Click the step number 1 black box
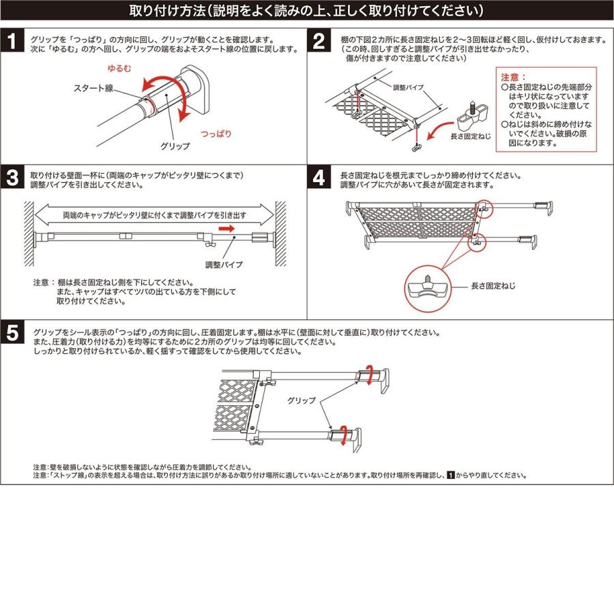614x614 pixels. (x=12, y=42)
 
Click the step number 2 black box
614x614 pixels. (x=319, y=42)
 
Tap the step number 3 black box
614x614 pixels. (x=12, y=179)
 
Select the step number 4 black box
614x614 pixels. (x=319, y=179)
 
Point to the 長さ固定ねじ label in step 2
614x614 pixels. (x=470, y=136)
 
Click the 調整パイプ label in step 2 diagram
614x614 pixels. (x=409, y=89)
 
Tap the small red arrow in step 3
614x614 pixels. (x=227, y=229)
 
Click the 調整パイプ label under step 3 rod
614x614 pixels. (x=224, y=263)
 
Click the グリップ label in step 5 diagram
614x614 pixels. (x=301, y=400)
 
